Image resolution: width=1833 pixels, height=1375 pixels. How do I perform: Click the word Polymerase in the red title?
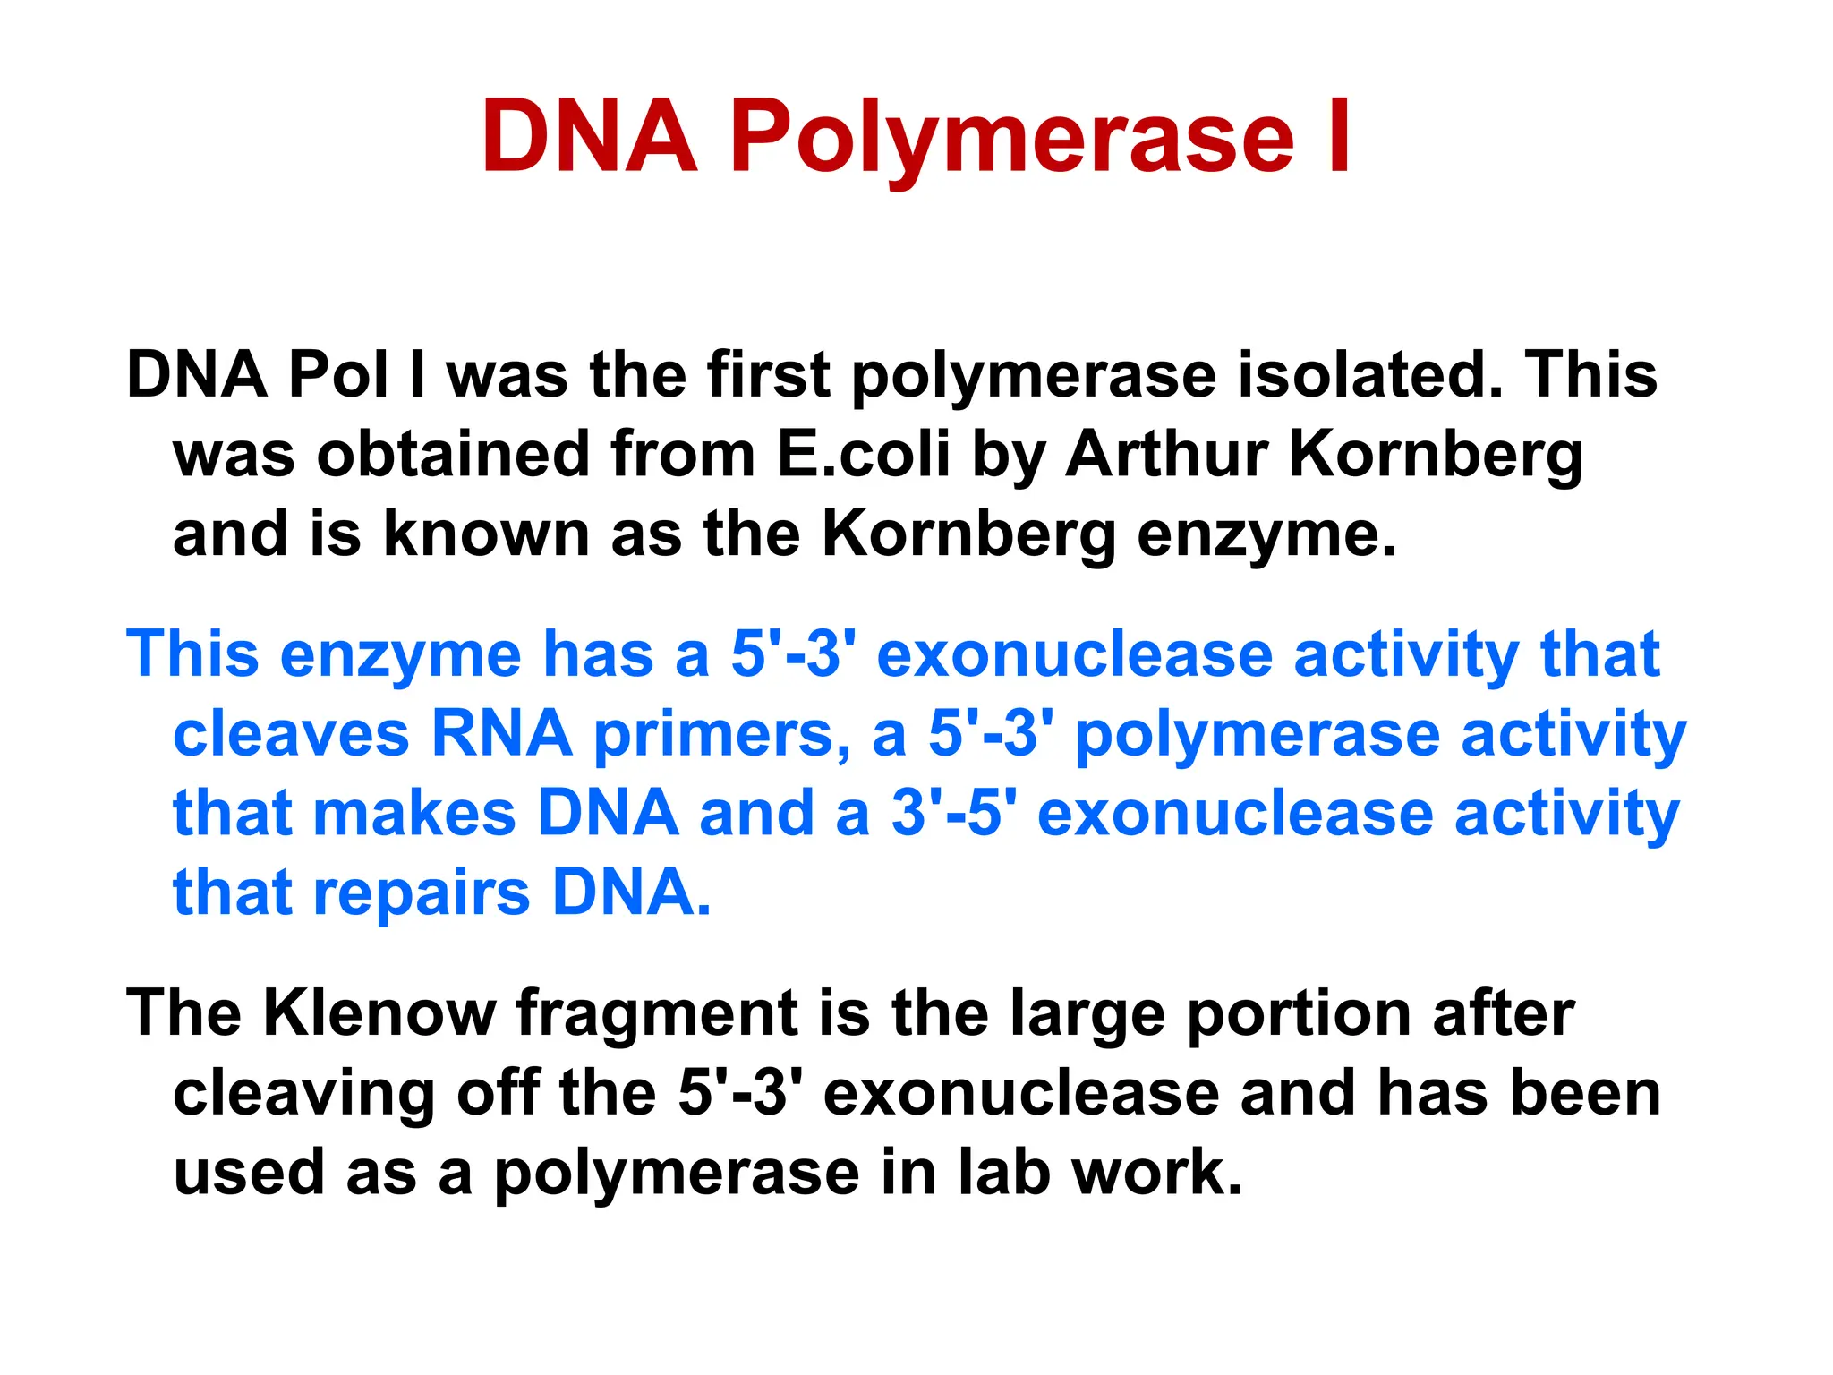click(x=1011, y=139)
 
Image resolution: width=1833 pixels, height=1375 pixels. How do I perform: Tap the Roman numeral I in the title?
click(x=1339, y=139)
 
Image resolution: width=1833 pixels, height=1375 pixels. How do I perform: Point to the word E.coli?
click(x=863, y=454)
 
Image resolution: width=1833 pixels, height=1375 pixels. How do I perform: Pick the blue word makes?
click(x=414, y=814)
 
